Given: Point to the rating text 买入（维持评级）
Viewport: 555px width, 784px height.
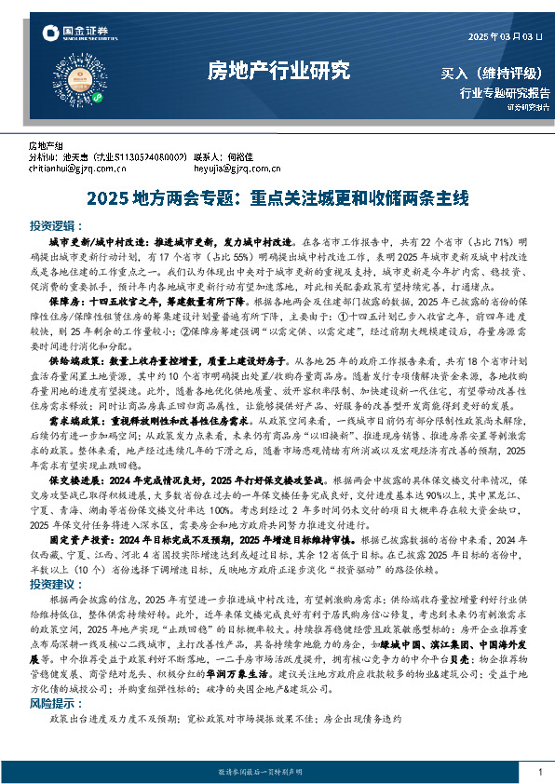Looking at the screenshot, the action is coord(494,74).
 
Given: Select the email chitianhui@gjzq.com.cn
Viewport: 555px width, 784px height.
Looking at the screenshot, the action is coord(77,169).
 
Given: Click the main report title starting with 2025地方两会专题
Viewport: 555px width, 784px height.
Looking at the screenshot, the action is coord(277,197).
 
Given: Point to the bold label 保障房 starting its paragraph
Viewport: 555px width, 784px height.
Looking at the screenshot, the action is coord(61,304).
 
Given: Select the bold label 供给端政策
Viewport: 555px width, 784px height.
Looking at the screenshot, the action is coord(67,358).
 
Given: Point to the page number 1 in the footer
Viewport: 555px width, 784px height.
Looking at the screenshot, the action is coord(540,772).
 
